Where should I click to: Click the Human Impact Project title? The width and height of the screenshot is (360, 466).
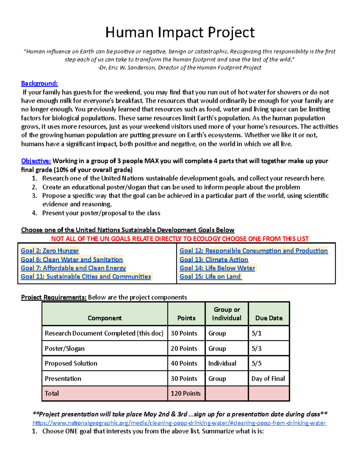click(180, 32)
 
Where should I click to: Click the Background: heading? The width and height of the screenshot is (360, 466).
click(39, 83)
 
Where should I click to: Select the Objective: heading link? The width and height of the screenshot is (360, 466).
click(36, 161)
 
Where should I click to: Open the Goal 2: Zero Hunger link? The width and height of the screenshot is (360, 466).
click(50, 251)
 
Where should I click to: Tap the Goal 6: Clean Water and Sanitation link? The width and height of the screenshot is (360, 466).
click(72, 259)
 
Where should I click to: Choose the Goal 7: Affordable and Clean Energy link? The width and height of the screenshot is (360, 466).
click(73, 268)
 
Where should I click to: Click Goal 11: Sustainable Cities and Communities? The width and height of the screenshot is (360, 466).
click(86, 276)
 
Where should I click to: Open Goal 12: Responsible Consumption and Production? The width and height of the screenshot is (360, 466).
click(253, 251)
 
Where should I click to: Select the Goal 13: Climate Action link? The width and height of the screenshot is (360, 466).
click(214, 259)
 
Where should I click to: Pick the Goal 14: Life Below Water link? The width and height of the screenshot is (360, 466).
click(217, 268)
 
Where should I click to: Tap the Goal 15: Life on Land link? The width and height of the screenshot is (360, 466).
click(210, 276)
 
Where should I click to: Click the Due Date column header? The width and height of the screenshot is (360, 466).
click(269, 318)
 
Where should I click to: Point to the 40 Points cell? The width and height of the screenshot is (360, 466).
click(184, 363)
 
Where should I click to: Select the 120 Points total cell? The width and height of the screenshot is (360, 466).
click(185, 393)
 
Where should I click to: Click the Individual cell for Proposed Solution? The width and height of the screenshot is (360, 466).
click(222, 363)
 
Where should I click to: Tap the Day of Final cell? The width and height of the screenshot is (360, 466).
click(268, 379)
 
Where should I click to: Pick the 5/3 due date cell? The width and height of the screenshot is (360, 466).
click(256, 348)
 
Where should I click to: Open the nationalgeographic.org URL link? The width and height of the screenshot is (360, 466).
click(179, 423)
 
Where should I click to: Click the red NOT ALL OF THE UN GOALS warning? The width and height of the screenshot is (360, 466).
click(180, 239)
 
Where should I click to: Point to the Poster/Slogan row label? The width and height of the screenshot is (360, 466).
click(65, 348)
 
